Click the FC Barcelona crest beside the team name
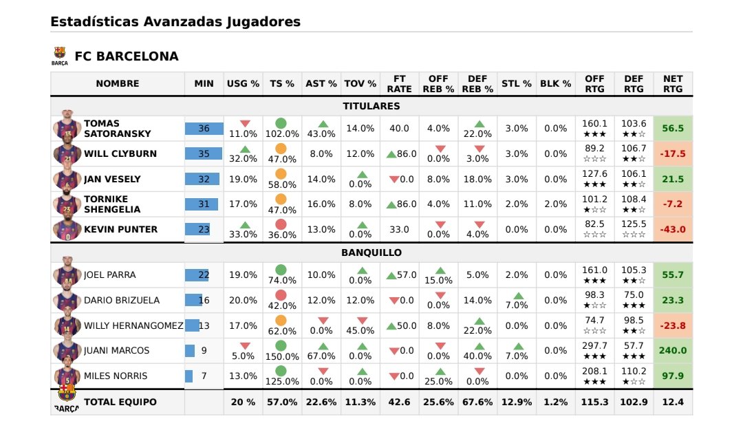(x=60, y=55)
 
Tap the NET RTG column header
(x=673, y=84)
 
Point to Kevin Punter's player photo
(x=67, y=228)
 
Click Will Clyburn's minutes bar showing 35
(x=204, y=153)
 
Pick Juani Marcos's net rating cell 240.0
(x=673, y=351)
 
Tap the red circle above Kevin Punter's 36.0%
(x=281, y=224)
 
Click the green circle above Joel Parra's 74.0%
(x=281, y=270)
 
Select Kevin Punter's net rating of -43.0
(x=673, y=230)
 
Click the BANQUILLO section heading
(x=371, y=252)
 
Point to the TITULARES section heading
(x=371, y=106)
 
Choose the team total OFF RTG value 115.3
(x=594, y=402)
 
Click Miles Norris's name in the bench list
(x=116, y=376)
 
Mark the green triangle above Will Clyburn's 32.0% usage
(x=243, y=149)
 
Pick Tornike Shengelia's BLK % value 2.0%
(x=555, y=204)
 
